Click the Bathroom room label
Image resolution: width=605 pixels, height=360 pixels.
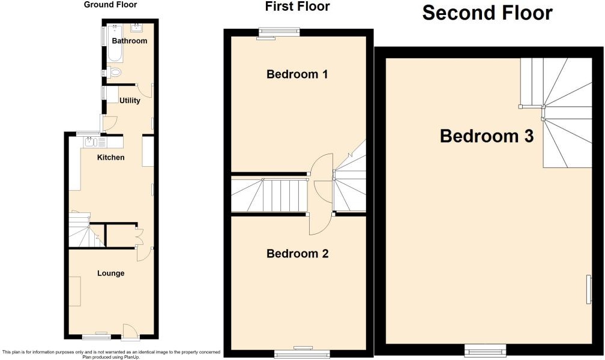129,41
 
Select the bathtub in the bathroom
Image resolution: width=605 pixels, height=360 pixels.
115,43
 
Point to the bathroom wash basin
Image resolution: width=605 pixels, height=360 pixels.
137,27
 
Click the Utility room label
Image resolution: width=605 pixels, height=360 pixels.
130,100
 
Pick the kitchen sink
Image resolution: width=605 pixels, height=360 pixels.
91,142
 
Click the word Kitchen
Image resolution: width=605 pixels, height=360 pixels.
111,157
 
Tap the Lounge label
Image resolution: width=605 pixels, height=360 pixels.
111,273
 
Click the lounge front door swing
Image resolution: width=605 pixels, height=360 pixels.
130,331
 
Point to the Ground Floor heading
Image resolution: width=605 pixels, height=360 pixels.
110,5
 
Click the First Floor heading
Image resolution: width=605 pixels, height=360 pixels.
298,7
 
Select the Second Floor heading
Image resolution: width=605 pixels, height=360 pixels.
487,12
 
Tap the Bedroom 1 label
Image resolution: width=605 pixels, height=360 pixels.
297,74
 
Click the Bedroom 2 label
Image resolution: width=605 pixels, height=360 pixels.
297,254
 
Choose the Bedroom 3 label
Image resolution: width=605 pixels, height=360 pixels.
487,136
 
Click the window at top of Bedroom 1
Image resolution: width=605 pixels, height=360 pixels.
279,32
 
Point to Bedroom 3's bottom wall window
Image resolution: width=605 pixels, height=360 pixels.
484,349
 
